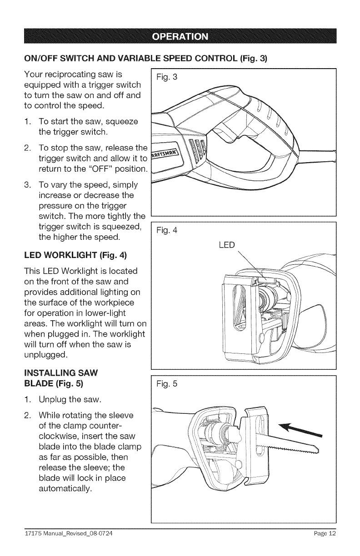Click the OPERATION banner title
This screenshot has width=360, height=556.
click(180, 36)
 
